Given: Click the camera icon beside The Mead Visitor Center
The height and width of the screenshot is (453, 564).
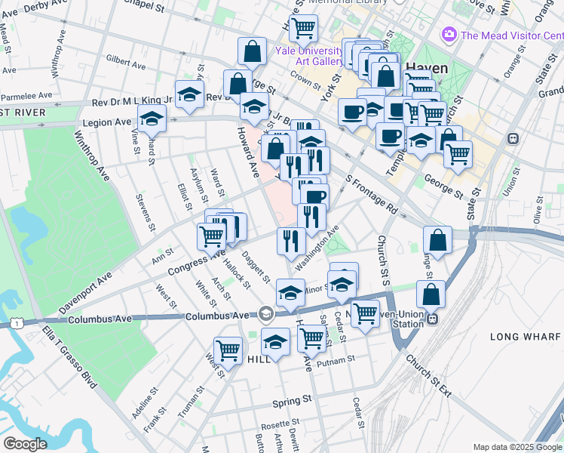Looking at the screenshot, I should pyautogui.click(x=450, y=35).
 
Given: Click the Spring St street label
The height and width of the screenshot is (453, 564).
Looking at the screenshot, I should pyautogui.click(x=290, y=400).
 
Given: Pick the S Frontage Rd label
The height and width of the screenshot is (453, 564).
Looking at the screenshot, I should pyautogui.click(x=370, y=193).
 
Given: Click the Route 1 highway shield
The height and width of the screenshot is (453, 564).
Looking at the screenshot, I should pyautogui.click(x=15, y=323).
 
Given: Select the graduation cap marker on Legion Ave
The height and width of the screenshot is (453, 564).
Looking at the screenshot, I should pyautogui.click(x=152, y=119).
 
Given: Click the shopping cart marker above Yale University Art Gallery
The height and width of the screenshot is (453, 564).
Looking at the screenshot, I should pyautogui.click(x=303, y=29).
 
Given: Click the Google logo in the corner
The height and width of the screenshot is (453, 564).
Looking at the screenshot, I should pyautogui.click(x=24, y=444).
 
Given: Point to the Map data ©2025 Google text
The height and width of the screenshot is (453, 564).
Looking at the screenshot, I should pyautogui.click(x=516, y=447).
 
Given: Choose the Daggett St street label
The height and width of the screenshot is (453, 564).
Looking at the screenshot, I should pyautogui.click(x=257, y=266).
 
